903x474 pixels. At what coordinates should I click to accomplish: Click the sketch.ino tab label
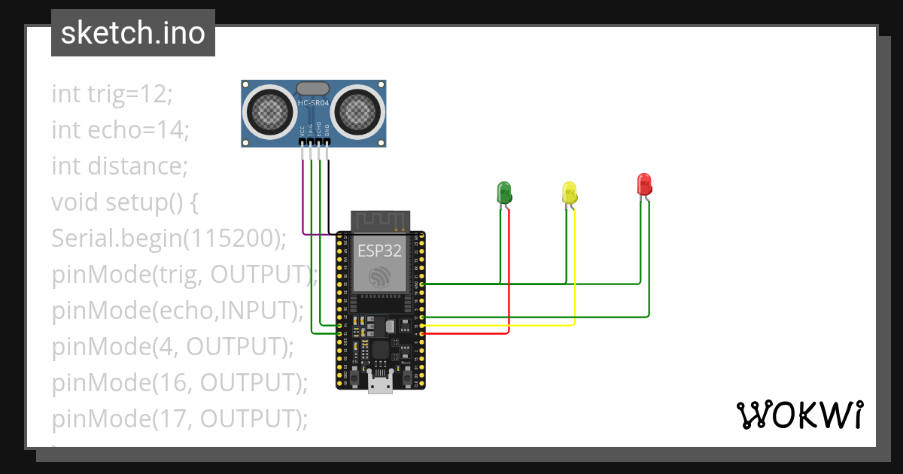tap(132, 33)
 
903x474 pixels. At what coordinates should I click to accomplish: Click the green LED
tap(504, 191)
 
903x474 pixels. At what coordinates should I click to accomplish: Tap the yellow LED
tap(570, 192)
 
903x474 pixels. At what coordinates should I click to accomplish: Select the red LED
tap(644, 184)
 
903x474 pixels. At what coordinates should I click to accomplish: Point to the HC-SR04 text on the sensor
tap(314, 102)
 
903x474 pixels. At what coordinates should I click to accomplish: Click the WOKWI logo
tap(799, 415)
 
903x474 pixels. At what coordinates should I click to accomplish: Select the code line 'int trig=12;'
tap(112, 94)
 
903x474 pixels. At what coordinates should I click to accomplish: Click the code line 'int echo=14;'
tap(120, 130)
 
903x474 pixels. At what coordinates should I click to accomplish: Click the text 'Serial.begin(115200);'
tap(169, 238)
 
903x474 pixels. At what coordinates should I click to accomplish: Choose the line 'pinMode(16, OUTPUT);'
tap(180, 382)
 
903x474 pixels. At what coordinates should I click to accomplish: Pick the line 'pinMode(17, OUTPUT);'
tap(180, 418)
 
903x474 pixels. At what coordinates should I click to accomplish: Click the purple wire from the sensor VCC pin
tap(304, 196)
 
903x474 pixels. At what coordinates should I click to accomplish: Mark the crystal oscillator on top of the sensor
tap(313, 87)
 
